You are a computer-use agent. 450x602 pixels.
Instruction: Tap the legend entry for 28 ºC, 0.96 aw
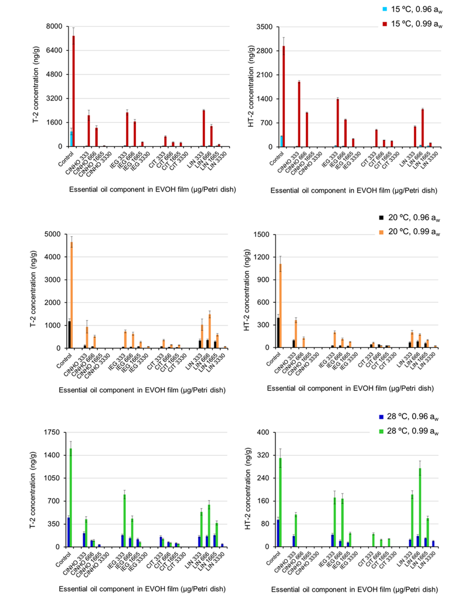point(408,417)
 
